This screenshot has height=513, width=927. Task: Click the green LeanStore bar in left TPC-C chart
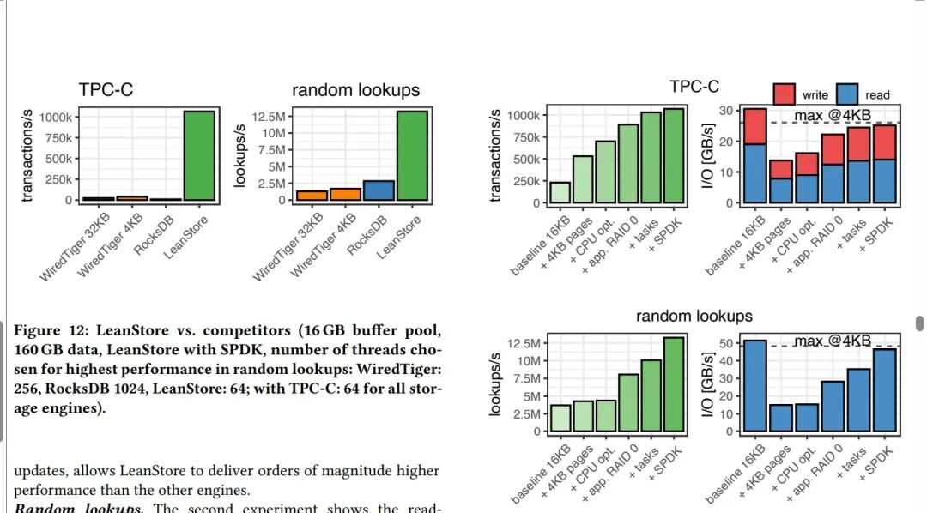pos(199,156)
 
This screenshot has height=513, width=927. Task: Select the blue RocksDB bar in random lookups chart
pos(378,190)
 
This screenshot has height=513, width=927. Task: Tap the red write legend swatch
pos(785,94)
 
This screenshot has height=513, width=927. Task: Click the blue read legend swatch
pos(848,94)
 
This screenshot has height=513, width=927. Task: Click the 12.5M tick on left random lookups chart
pos(270,116)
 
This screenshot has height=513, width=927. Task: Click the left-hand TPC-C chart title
pos(106,90)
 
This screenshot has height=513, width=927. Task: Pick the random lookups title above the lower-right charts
pos(694,316)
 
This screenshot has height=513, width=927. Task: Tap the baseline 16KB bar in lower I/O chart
pos(754,385)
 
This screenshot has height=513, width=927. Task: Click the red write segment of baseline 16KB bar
pos(754,126)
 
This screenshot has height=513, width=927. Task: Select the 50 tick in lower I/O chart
pos(724,343)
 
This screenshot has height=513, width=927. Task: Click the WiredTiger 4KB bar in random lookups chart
pos(345,194)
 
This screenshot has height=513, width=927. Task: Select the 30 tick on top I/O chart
pos(724,111)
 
